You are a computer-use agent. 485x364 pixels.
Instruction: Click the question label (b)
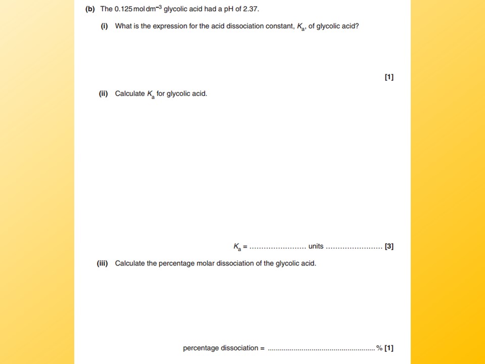pyautogui.click(x=90, y=9)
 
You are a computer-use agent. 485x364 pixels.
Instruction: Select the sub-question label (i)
pyautogui.click(x=105, y=26)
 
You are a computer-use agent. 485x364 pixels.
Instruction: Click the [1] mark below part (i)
pyautogui.click(x=389, y=77)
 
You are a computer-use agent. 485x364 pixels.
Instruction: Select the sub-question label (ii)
pyautogui.click(x=104, y=94)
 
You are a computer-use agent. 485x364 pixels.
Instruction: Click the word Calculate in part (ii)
pyautogui.click(x=130, y=94)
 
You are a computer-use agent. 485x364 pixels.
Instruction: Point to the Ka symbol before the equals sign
pyautogui.click(x=237, y=247)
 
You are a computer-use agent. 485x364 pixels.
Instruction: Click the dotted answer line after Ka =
pyautogui.click(x=278, y=247)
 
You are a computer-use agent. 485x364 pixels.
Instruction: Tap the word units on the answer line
pyautogui.click(x=316, y=246)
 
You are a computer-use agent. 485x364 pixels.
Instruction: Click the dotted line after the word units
pyautogui.click(x=354, y=247)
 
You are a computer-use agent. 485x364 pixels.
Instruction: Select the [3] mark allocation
pyautogui.click(x=389, y=247)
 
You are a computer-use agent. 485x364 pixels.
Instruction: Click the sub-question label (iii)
pyautogui.click(x=103, y=263)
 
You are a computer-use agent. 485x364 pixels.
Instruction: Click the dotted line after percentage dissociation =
pyautogui.click(x=321, y=349)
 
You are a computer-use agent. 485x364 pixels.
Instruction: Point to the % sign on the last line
pyautogui.click(x=379, y=348)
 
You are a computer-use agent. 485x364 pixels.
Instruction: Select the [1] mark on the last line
pyautogui.click(x=389, y=348)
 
